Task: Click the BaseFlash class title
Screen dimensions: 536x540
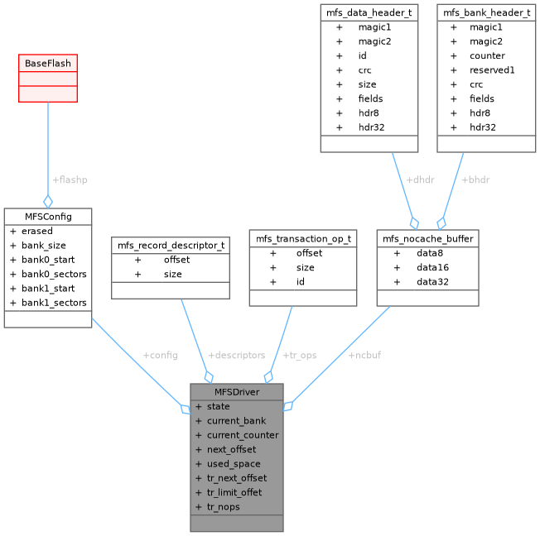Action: click(x=48, y=63)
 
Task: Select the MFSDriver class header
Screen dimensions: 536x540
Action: click(x=237, y=391)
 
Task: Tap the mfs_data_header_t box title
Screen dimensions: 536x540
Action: click(x=368, y=12)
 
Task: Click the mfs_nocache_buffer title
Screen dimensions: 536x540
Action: click(x=427, y=238)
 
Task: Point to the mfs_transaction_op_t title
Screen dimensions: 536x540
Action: click(x=303, y=238)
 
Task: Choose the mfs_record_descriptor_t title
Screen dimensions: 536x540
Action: click(x=171, y=245)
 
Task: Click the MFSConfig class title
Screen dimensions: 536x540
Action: click(x=48, y=216)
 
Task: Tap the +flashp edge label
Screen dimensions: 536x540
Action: click(x=70, y=179)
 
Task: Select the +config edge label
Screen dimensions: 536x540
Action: click(x=160, y=355)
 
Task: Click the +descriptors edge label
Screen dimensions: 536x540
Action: click(x=237, y=355)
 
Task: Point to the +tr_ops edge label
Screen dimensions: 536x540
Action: click(x=299, y=355)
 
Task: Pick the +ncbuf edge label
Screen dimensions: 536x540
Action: click(x=364, y=355)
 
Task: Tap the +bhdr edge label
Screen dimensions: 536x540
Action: click(x=475, y=179)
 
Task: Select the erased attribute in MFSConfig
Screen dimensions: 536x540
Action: click(x=37, y=231)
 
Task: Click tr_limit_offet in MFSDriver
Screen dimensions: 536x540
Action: click(x=234, y=492)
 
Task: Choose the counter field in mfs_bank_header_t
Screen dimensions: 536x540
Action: click(x=487, y=55)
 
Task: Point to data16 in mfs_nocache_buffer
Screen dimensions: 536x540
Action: click(x=433, y=267)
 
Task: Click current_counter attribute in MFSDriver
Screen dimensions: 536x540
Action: click(x=243, y=435)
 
